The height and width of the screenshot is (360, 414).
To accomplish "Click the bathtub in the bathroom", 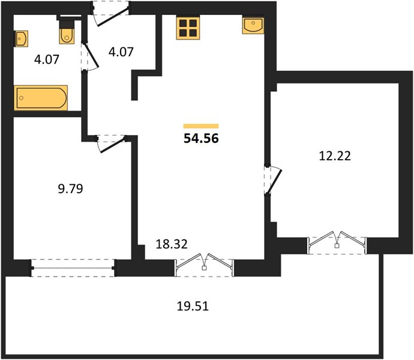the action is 41,97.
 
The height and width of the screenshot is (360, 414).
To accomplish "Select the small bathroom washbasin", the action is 21,39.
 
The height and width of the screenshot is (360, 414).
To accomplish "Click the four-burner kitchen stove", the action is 188,27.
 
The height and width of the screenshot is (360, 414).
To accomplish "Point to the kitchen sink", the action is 253,26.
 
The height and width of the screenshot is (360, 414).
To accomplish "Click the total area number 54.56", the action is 201,139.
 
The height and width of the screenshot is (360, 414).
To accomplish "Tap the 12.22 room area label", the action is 335,156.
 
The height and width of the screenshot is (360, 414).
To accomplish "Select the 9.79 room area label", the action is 70,189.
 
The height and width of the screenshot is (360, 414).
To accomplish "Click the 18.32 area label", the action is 172,244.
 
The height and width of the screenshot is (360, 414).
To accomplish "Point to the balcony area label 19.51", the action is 193,307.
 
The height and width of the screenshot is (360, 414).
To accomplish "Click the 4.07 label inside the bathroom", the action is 46,59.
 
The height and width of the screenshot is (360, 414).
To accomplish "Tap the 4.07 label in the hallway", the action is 121,52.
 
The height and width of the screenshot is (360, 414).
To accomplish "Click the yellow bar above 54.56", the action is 201,126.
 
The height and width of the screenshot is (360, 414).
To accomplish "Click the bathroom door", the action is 89,57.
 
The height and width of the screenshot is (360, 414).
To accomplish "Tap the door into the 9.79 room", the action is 111,143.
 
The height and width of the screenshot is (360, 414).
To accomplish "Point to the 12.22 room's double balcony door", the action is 337,242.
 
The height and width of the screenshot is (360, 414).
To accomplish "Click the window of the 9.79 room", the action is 73,268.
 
